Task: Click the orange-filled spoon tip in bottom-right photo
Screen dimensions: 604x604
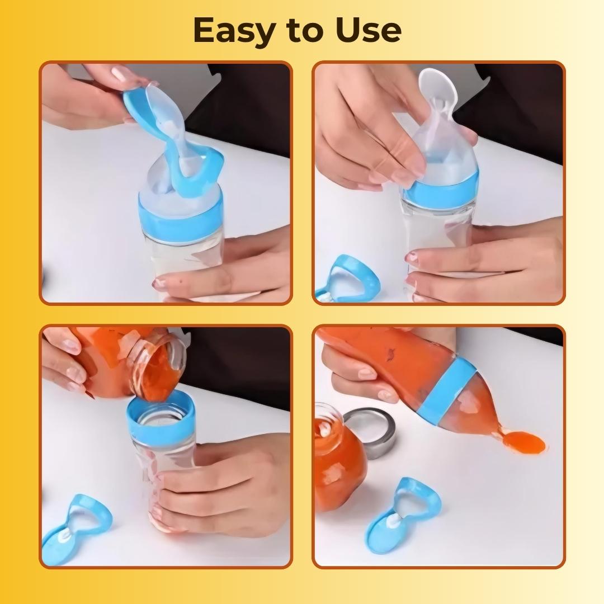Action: [x=523, y=443]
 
